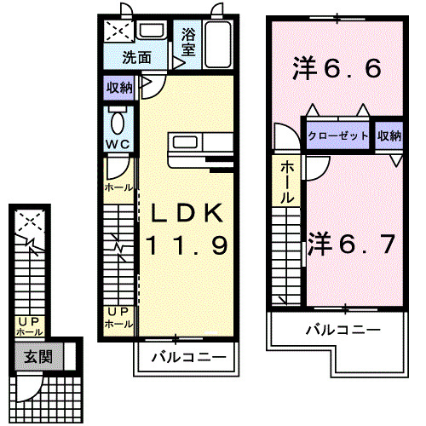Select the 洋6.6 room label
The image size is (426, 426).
[336, 67]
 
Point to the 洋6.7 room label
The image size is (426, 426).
[350, 245]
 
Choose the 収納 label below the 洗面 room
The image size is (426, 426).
[119, 88]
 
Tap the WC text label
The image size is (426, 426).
[117, 144]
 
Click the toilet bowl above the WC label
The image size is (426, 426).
[118, 118]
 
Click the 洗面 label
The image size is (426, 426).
[135, 59]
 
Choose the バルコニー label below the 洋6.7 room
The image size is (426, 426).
[342, 329]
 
